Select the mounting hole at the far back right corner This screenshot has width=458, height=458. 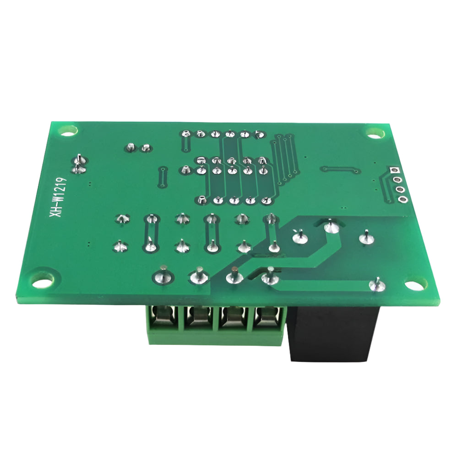375,134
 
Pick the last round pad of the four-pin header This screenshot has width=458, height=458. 403,200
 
